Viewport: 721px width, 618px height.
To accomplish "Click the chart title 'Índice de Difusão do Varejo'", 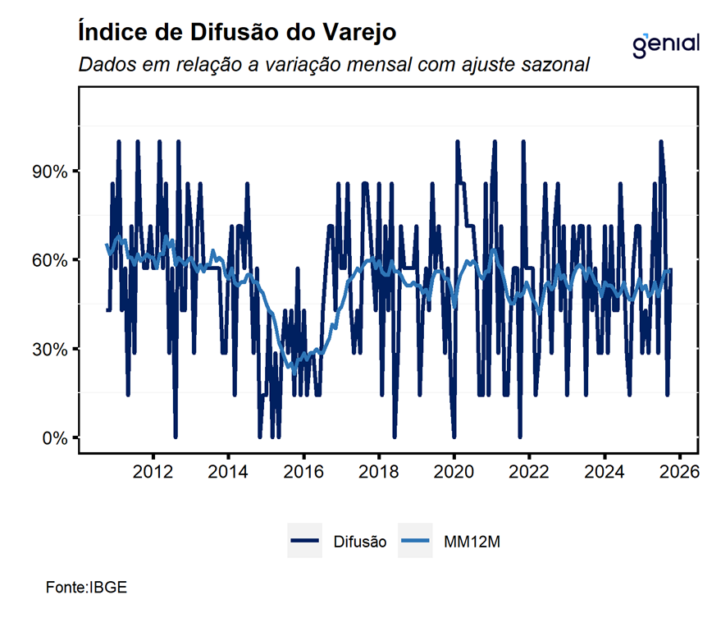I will tap(237, 34).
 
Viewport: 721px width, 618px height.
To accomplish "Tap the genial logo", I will tap(667, 43).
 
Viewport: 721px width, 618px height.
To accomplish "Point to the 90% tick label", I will tap(50, 172).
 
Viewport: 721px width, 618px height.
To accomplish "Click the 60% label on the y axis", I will tap(50, 260).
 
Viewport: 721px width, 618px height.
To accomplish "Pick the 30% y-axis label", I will tap(50, 349).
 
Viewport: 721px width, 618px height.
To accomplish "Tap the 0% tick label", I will tap(54, 437).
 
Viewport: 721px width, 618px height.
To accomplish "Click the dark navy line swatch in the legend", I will tap(304, 541).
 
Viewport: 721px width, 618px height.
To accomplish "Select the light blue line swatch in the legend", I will tap(415, 541).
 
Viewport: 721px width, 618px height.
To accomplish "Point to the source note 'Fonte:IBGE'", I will tap(86, 588).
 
